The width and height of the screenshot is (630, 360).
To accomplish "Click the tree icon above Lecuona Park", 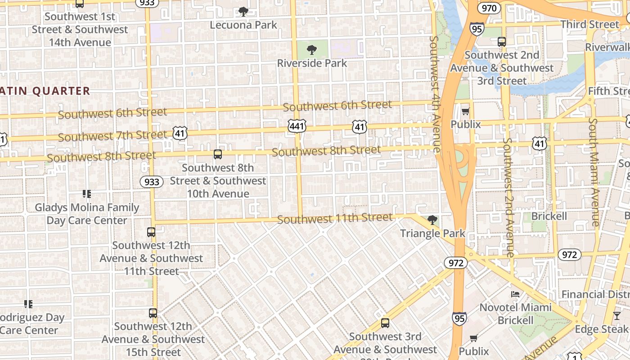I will tap(243, 12).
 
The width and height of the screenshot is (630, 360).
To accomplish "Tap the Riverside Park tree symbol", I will tap(311, 50).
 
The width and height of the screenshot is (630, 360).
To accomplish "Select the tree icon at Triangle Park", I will tap(432, 220).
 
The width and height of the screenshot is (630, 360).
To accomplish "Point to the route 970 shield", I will tap(489, 8).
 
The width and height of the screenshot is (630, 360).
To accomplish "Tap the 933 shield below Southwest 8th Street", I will tap(152, 181).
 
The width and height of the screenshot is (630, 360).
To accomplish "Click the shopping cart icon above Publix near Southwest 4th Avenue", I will tap(465, 111).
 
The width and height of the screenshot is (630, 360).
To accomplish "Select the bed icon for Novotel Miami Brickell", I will tap(515, 294).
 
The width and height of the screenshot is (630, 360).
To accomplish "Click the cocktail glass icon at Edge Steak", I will tap(616, 316).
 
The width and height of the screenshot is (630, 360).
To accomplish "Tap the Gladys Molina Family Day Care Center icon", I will tap(86, 194).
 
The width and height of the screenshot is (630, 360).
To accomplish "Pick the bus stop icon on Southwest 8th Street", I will tap(218, 154).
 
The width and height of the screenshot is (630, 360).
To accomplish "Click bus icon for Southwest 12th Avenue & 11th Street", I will tap(151, 232).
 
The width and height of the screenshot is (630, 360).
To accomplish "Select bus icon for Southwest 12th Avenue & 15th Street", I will tap(153, 313).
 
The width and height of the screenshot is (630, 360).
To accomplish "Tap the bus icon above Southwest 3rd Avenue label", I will tap(385, 323).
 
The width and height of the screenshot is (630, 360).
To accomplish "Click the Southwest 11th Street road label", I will tap(335, 219).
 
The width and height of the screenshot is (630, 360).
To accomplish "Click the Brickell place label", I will tap(549, 216).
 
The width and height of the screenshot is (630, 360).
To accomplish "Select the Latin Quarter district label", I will tap(45, 91).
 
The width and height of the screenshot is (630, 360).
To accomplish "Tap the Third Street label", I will tap(590, 24).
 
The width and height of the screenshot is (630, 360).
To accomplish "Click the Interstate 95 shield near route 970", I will tap(477, 29).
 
